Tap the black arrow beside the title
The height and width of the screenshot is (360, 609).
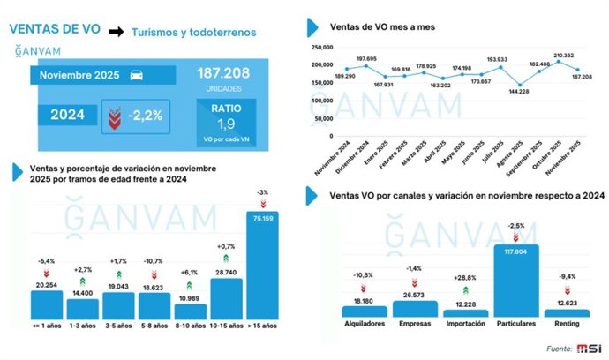pyautogui.click(x=115, y=32)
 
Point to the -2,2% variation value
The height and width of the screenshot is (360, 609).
pyautogui.click(x=143, y=116)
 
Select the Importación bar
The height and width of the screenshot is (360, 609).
pyautogui.click(x=465, y=312)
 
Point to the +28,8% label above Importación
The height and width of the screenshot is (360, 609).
pyautogui.click(x=465, y=277)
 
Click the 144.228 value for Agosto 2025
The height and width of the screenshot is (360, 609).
pyautogui.click(x=503, y=92)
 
